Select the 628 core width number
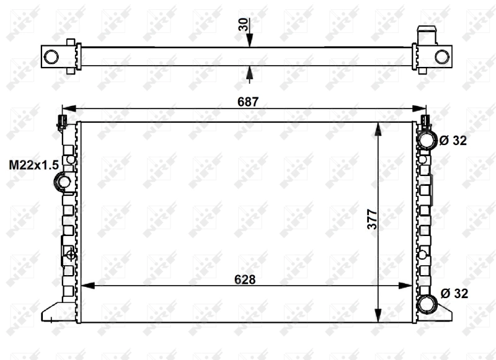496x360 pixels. click(246, 279)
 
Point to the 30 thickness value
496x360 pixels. click(242, 25)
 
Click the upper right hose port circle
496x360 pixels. click(427, 141)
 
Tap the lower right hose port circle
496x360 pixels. click(427, 304)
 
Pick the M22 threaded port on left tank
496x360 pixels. click(63, 182)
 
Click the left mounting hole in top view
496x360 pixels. click(51, 56)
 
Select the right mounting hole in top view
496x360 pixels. click(441, 56)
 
